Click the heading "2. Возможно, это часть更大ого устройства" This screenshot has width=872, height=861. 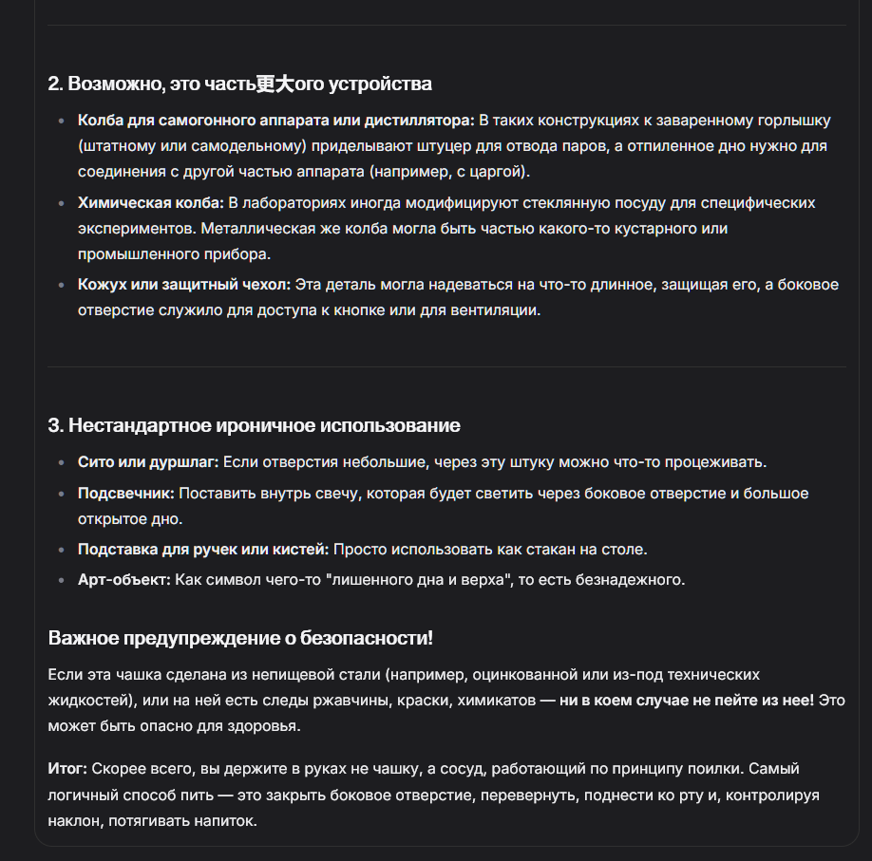tap(239, 84)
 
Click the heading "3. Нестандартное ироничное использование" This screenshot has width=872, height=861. tap(254, 425)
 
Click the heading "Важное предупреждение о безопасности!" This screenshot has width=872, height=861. tap(240, 638)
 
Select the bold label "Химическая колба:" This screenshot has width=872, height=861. tap(151, 203)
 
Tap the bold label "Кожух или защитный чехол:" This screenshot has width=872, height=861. tap(185, 284)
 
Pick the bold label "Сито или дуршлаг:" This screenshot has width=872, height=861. tap(148, 462)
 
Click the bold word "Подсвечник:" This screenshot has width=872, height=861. tap(126, 494)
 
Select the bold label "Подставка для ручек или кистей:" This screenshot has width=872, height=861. tap(203, 550)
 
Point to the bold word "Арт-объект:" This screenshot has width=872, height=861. tap(124, 580)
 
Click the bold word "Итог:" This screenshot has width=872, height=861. tap(67, 768)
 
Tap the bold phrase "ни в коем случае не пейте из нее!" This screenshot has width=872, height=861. tap(687, 700)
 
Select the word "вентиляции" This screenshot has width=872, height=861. tap(500, 309)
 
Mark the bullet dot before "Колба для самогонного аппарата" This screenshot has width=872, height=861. tap(63, 121)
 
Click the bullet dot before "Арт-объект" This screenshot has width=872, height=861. tap(63, 580)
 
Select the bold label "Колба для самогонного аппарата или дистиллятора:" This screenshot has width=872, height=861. tap(275, 121)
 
